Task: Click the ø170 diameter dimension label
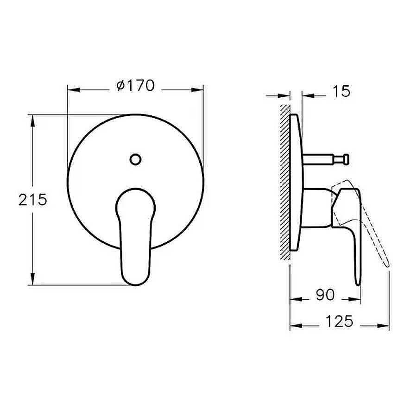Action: (135, 86)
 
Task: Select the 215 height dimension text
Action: (33, 200)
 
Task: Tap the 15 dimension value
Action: (341, 91)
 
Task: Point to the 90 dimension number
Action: (325, 295)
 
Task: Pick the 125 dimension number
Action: (339, 321)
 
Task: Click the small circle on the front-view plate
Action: (135, 159)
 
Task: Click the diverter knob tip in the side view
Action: (346, 159)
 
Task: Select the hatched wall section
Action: (284, 182)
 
